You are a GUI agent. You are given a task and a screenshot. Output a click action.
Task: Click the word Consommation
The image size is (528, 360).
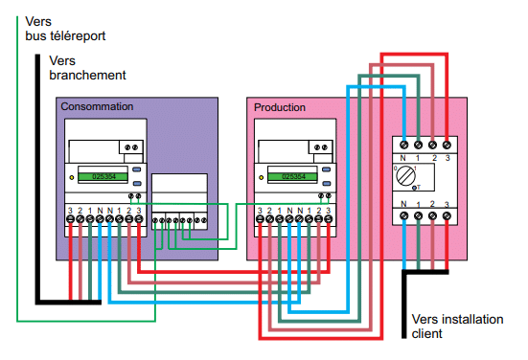[x=97, y=106]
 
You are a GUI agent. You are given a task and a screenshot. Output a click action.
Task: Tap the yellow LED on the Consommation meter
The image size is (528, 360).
[x=70, y=177]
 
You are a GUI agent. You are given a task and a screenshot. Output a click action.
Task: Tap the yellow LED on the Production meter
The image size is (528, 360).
[x=261, y=177]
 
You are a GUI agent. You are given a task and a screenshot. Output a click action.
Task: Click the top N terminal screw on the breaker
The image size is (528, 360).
[x=404, y=143]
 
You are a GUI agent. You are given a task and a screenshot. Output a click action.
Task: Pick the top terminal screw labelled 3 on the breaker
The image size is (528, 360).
[x=448, y=143]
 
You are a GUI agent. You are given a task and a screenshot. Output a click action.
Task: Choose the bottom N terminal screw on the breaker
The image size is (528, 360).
[x=404, y=217]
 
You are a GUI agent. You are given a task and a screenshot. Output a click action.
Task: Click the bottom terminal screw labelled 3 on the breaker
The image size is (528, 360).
[x=448, y=217]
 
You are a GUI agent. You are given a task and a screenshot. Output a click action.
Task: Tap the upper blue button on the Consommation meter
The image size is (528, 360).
[x=138, y=170]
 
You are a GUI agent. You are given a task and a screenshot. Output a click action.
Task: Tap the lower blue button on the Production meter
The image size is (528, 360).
[x=329, y=181]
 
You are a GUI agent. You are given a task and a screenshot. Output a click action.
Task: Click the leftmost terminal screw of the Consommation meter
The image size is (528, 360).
[x=71, y=220]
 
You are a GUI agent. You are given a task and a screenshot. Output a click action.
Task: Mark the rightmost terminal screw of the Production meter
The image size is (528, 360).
[x=331, y=220]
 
